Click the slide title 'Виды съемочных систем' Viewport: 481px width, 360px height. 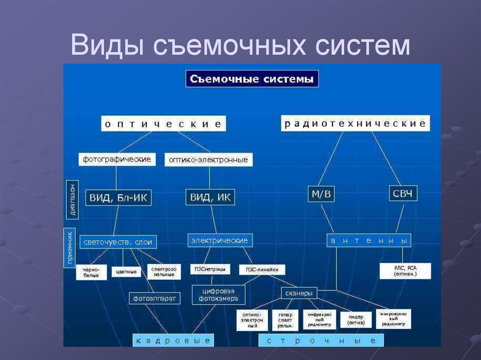240,47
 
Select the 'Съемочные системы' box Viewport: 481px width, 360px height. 252,79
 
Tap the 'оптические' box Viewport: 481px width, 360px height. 163,124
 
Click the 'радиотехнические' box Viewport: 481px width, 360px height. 355,123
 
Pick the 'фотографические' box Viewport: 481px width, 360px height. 117,159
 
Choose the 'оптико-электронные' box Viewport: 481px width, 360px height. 209,160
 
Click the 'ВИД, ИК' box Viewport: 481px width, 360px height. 210,197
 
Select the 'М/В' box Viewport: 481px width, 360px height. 321,194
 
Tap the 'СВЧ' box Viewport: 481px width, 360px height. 403,194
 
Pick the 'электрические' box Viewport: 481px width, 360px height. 220,240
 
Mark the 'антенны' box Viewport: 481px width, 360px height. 369,241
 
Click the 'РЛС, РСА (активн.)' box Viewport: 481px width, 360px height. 405,270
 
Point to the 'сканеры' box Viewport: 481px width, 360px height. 299,293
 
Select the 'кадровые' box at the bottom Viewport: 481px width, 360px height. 173,340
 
